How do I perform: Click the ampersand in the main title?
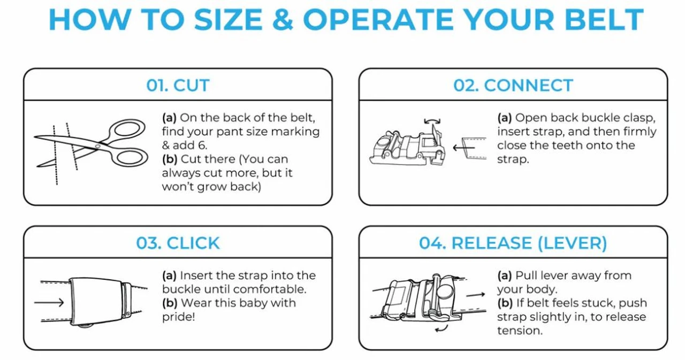(x=283, y=20)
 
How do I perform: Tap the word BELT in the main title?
(x=604, y=20)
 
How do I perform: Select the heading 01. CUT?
(x=178, y=85)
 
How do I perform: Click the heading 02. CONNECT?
(x=513, y=85)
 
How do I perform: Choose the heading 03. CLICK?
(x=178, y=243)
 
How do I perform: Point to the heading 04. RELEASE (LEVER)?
(x=513, y=243)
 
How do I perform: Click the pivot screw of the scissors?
(x=97, y=147)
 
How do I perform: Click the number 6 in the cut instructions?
(x=202, y=145)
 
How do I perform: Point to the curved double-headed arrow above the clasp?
(x=432, y=120)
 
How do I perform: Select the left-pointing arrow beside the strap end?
(x=463, y=148)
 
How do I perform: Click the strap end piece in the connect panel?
(x=474, y=149)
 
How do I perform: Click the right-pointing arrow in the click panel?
(x=49, y=303)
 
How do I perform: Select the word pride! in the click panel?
(x=179, y=317)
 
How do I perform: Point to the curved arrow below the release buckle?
(x=442, y=330)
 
